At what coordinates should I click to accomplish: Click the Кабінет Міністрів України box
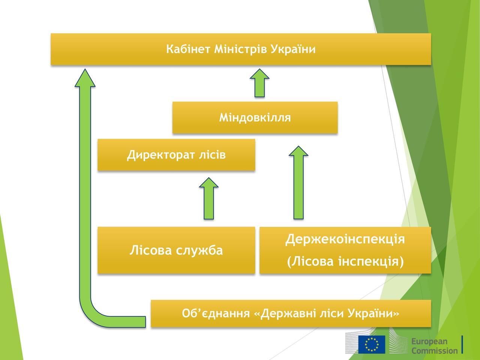point(241,49)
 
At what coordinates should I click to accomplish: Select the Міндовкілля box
point(255,118)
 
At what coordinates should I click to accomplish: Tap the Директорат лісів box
point(176,155)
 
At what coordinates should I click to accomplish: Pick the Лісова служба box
point(176,250)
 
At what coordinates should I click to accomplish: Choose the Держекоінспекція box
point(345,239)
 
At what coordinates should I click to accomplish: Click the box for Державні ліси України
point(291,313)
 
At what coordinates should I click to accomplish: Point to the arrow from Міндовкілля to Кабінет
point(259,83)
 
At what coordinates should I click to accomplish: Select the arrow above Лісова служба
point(209,199)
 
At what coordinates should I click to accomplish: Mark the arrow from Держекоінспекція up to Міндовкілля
point(298,183)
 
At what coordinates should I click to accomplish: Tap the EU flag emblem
point(371,344)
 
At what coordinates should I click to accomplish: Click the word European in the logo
point(429,341)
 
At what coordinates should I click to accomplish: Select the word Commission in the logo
point(434,351)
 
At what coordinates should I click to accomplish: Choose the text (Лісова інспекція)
point(345,261)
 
